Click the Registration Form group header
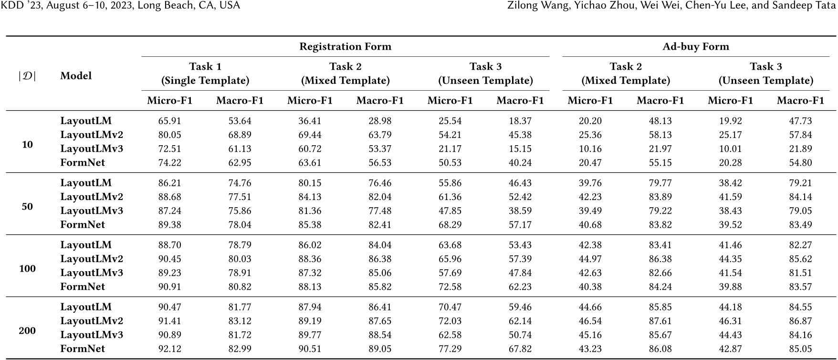click(x=345, y=47)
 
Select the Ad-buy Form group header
click(x=696, y=47)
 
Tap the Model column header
click(x=76, y=76)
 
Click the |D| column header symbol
click(x=27, y=76)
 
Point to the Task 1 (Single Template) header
click(x=205, y=74)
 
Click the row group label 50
click(x=27, y=207)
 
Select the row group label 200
click(x=27, y=331)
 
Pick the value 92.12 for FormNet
click(x=170, y=349)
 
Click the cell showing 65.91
click(x=170, y=121)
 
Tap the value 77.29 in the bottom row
click(x=450, y=349)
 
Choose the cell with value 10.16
click(x=590, y=149)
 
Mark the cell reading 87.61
click(x=660, y=321)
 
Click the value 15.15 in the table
click(x=520, y=149)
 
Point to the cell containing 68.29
click(x=450, y=225)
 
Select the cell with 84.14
click(x=800, y=197)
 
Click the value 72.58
click(x=450, y=287)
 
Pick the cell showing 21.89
click(x=800, y=149)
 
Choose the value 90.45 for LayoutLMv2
click(x=170, y=259)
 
